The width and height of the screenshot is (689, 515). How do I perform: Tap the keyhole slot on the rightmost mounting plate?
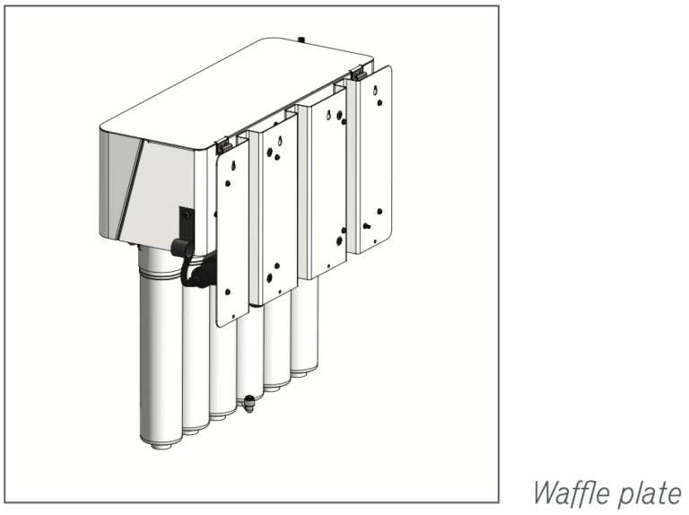(x=375, y=91)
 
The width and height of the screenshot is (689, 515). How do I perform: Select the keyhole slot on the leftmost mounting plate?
(x=234, y=165)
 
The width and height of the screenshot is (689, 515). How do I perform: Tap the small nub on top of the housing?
(x=301, y=40)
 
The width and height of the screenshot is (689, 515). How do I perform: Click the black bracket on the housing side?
(x=187, y=223)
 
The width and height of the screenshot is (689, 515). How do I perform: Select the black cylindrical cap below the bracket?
(x=182, y=249)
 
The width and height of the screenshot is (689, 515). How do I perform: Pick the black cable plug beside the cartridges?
(x=201, y=275)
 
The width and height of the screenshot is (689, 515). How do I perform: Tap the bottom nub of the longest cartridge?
(x=161, y=445)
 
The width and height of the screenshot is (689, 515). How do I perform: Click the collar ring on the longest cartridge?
(x=161, y=275)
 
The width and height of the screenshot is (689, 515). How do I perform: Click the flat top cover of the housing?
(x=237, y=92)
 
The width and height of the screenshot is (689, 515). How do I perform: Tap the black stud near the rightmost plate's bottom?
(x=366, y=226)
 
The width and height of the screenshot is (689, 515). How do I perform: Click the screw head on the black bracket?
(x=187, y=214)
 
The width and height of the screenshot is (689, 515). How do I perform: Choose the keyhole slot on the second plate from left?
(x=280, y=141)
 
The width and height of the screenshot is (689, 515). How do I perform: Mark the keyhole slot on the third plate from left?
(x=328, y=115)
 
